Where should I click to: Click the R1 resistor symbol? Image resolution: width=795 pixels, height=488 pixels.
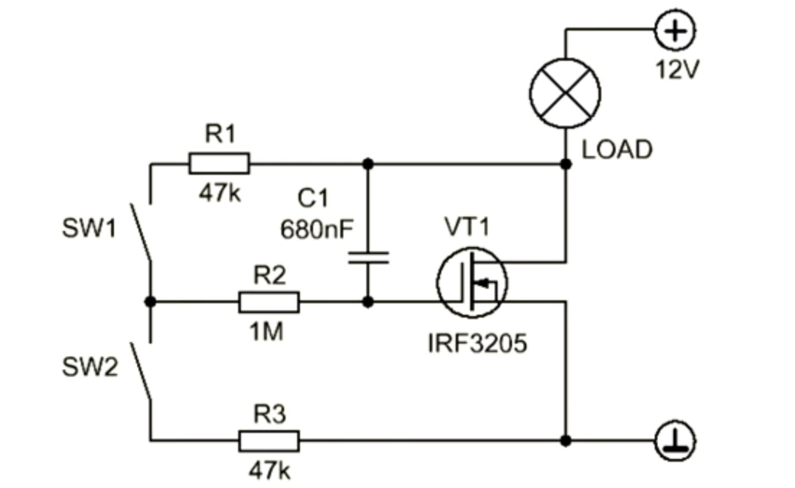pyautogui.click(x=219, y=163)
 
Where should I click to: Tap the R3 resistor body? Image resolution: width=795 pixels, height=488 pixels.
pyautogui.click(x=269, y=441)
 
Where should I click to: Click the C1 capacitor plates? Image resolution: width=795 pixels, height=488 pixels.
pyautogui.click(x=368, y=258)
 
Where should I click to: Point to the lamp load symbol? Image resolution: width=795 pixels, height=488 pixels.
pyautogui.click(x=565, y=93)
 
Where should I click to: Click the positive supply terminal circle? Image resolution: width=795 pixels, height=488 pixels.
pyautogui.click(x=675, y=31)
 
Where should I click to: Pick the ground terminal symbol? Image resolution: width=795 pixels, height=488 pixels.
pyautogui.click(x=675, y=441)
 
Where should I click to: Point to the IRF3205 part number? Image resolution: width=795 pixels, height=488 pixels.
pyautogui.click(x=477, y=343)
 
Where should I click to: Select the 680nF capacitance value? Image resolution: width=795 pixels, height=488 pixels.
pyautogui.click(x=317, y=228)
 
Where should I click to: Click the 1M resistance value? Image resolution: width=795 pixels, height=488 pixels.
pyautogui.click(x=267, y=332)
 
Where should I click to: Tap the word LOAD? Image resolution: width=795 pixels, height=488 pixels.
pyautogui.click(x=617, y=150)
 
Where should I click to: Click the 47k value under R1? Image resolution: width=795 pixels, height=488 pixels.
pyautogui.click(x=219, y=193)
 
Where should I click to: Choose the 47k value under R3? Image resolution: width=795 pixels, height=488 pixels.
pyautogui.click(x=269, y=471)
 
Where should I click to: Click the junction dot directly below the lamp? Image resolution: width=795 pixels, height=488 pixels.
pyautogui.click(x=566, y=164)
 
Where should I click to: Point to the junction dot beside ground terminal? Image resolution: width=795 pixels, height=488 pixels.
pyautogui.click(x=566, y=441)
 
